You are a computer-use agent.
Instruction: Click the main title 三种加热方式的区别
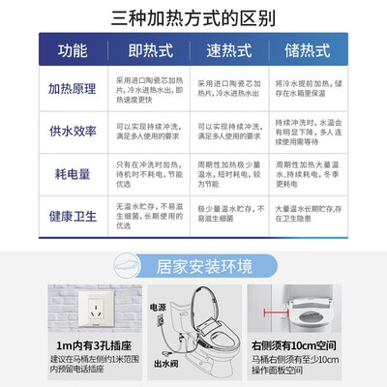click(x=193, y=16)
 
